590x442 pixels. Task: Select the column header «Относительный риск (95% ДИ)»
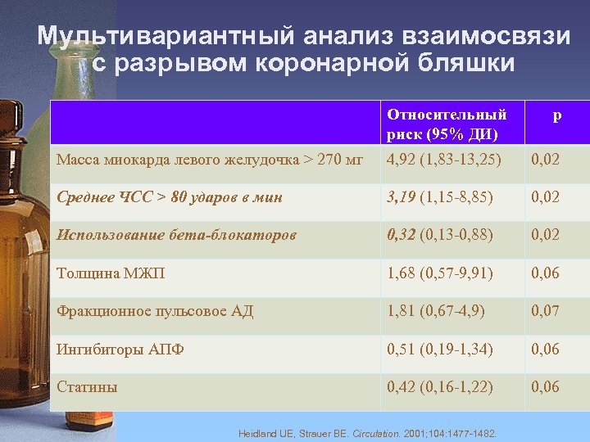(447, 124)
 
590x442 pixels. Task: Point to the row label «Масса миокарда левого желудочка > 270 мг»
(209, 159)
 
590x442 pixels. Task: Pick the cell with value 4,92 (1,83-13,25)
(444, 159)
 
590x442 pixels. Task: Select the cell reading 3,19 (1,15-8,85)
(440, 196)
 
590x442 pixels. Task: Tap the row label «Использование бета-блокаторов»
(176, 235)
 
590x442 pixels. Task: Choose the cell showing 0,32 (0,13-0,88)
(440, 235)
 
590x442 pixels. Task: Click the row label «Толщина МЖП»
(111, 273)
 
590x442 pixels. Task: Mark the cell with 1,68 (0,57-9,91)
(440, 273)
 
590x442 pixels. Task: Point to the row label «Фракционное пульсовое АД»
(155, 311)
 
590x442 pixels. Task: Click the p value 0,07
(546, 311)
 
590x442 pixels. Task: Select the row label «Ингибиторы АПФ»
(120, 350)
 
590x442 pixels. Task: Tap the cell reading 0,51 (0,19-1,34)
(440, 350)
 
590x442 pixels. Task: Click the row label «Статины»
(87, 387)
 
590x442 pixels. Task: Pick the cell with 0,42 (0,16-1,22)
(440, 387)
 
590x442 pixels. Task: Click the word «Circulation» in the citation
(375, 433)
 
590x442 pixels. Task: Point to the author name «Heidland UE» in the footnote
(263, 433)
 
